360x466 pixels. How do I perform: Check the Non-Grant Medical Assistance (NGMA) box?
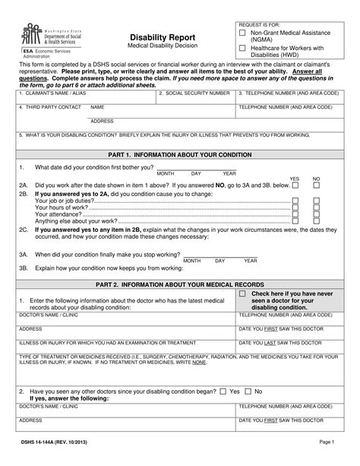point(242,33)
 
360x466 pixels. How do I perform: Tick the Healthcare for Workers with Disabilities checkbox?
point(242,48)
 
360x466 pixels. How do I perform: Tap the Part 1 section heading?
point(180,153)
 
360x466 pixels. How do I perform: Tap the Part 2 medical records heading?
point(180,284)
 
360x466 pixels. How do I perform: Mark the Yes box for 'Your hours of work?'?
point(295,207)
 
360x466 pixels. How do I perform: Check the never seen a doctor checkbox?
point(242,293)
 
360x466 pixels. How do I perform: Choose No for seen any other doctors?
point(248,392)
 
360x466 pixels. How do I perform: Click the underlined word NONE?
point(198,363)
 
